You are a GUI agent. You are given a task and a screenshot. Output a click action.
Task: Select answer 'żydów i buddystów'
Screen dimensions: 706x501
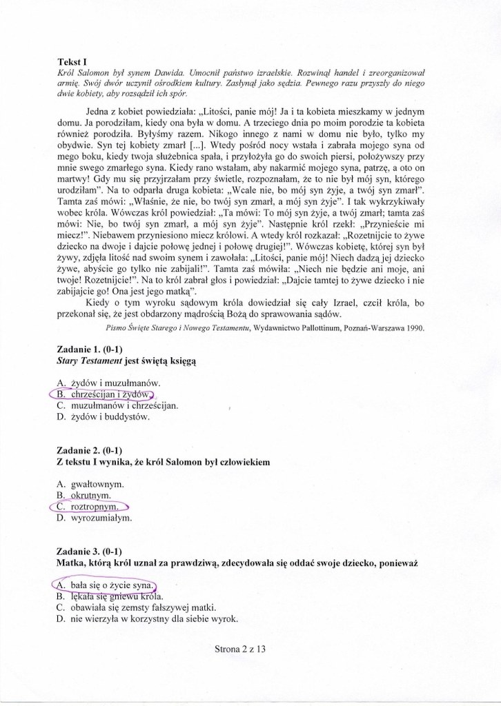[x=110, y=416]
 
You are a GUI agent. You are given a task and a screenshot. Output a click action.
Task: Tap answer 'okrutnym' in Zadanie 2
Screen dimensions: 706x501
[x=91, y=495]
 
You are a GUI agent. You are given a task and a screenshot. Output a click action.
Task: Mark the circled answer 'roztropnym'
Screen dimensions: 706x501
[x=95, y=507]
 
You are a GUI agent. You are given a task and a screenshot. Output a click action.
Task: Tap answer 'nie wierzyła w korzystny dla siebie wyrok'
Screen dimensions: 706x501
[x=154, y=619]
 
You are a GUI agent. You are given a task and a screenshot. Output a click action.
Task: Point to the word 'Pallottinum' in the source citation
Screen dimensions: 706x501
[x=322, y=328]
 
